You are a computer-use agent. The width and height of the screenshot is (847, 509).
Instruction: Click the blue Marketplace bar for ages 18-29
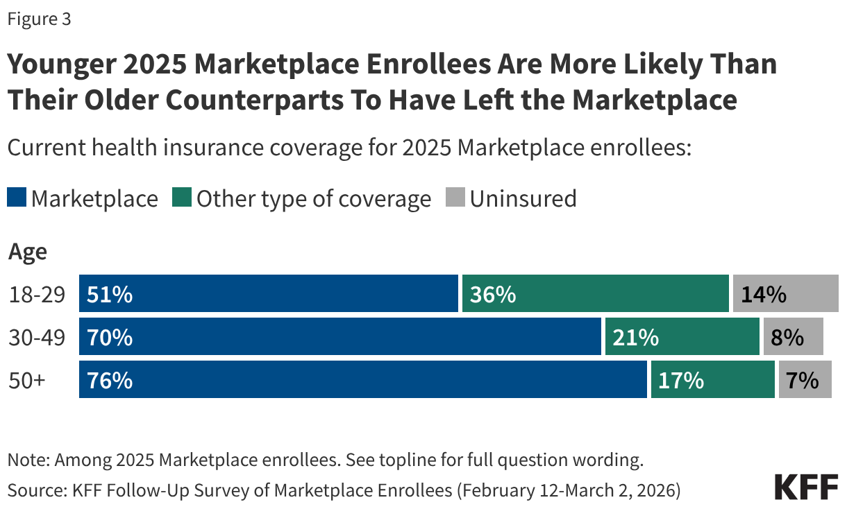268,294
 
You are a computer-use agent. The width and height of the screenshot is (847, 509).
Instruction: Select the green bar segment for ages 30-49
682,337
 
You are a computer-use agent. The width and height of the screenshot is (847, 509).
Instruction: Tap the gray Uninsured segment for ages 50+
805,380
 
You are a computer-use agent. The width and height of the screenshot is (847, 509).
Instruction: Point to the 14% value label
763,295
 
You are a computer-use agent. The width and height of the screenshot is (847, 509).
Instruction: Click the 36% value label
492,295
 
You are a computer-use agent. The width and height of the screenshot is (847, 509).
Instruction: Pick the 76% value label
109,381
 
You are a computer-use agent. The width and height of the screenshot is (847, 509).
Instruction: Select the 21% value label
635,338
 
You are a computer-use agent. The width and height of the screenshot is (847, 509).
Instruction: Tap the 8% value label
787,338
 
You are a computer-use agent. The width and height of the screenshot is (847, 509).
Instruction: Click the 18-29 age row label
37,295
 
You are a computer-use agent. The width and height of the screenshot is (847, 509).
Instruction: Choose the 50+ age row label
26,381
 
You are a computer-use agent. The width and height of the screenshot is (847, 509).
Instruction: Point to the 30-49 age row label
37,338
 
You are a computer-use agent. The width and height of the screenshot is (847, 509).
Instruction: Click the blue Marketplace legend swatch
17,199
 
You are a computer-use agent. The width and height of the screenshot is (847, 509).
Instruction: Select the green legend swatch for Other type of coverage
183,199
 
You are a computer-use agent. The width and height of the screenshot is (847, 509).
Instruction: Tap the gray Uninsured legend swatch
456,199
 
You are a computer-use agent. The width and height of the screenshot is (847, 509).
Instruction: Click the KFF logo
806,487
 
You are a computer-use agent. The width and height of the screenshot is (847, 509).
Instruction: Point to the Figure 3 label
39,19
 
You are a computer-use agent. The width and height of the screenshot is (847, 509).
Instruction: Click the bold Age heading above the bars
28,251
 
